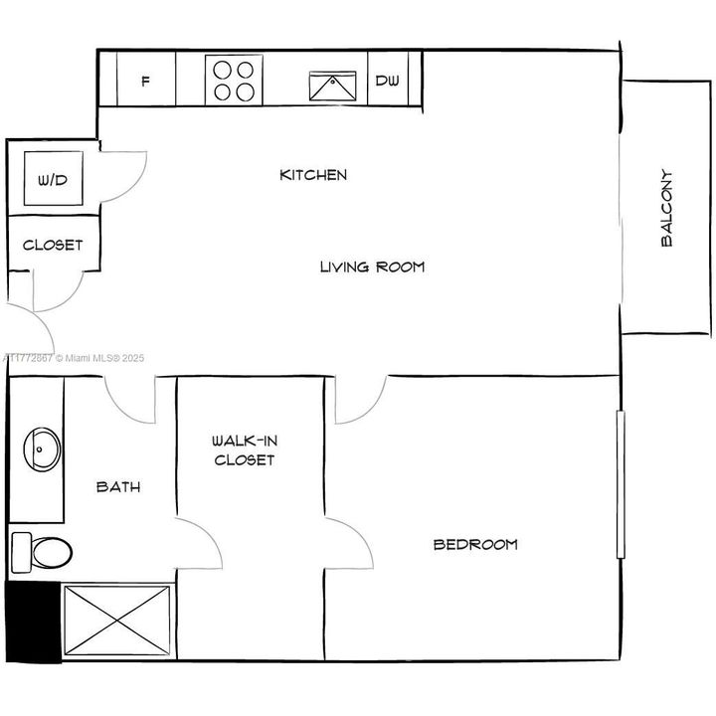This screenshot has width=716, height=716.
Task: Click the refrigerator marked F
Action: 146,81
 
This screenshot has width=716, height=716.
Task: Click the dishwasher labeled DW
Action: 387,81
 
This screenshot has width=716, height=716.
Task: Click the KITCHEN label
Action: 313,175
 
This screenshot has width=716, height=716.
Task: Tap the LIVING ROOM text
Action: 372,267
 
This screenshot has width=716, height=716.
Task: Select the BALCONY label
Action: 666,208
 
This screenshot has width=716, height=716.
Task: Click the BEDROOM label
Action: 475,544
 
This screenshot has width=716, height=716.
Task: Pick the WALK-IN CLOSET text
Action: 243,449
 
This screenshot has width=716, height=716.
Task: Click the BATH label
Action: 118,487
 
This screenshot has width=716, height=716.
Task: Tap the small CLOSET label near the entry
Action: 53,245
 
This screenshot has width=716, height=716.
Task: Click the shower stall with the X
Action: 117,620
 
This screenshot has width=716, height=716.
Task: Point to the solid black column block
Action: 33,622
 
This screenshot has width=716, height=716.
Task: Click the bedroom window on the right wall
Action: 620,484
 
